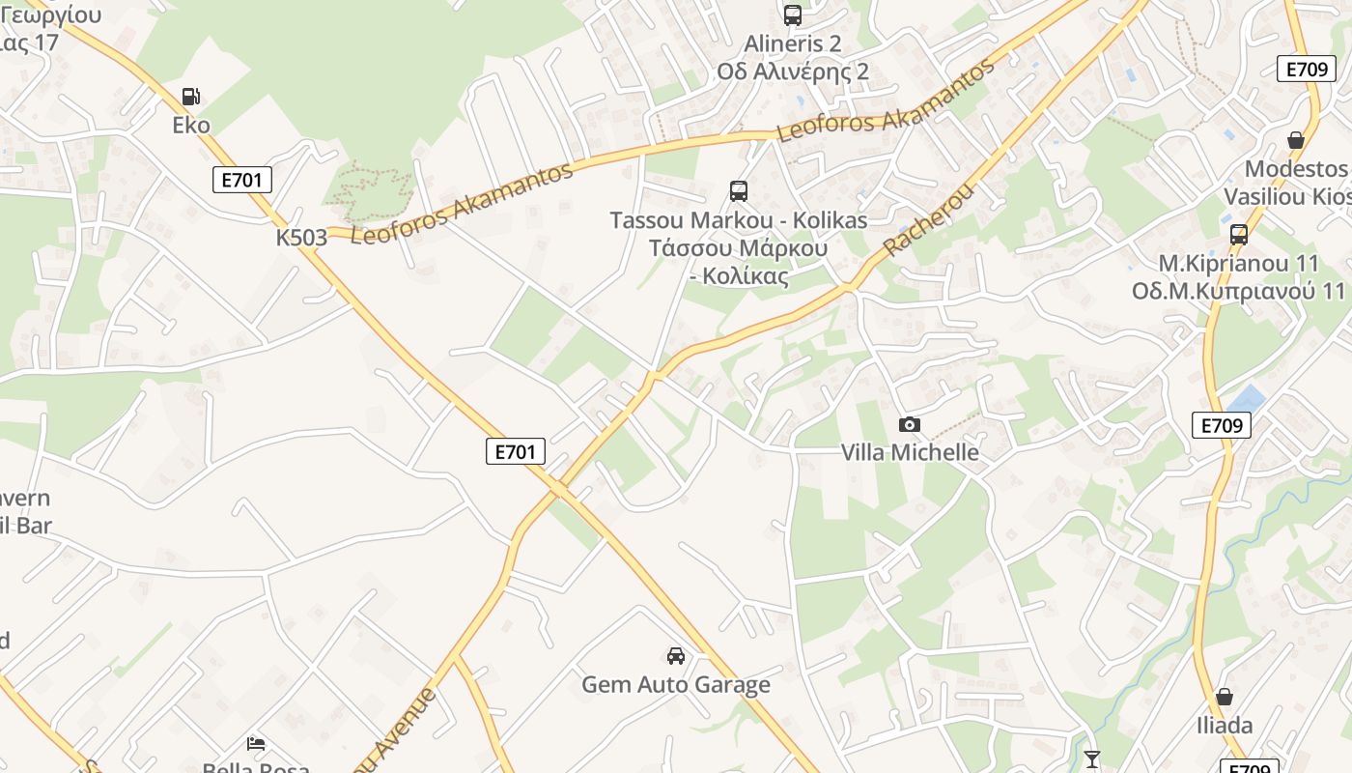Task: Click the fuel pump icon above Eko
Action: [x=191, y=97]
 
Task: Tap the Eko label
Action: [x=191, y=125]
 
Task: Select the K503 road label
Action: [x=301, y=238]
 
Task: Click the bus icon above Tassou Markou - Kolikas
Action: [x=739, y=191]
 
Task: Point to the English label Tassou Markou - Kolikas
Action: [x=739, y=220]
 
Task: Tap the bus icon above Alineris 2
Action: [x=793, y=15]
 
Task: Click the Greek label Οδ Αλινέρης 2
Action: [x=793, y=72]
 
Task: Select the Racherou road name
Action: [x=928, y=220]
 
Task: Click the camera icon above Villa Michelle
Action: [x=909, y=424]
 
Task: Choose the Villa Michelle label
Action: [x=910, y=452]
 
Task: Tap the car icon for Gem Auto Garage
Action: [x=676, y=656]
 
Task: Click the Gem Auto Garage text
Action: [x=676, y=685]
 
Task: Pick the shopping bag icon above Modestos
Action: [x=1296, y=140]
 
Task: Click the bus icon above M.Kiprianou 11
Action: [x=1239, y=234]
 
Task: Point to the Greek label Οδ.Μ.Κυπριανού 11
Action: [x=1239, y=291]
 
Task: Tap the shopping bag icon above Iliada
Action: [x=1225, y=697]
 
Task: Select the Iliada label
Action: [x=1225, y=726]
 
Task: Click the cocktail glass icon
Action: [x=1092, y=759]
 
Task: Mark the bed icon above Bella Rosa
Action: [x=256, y=744]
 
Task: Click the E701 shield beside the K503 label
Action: [x=242, y=180]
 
